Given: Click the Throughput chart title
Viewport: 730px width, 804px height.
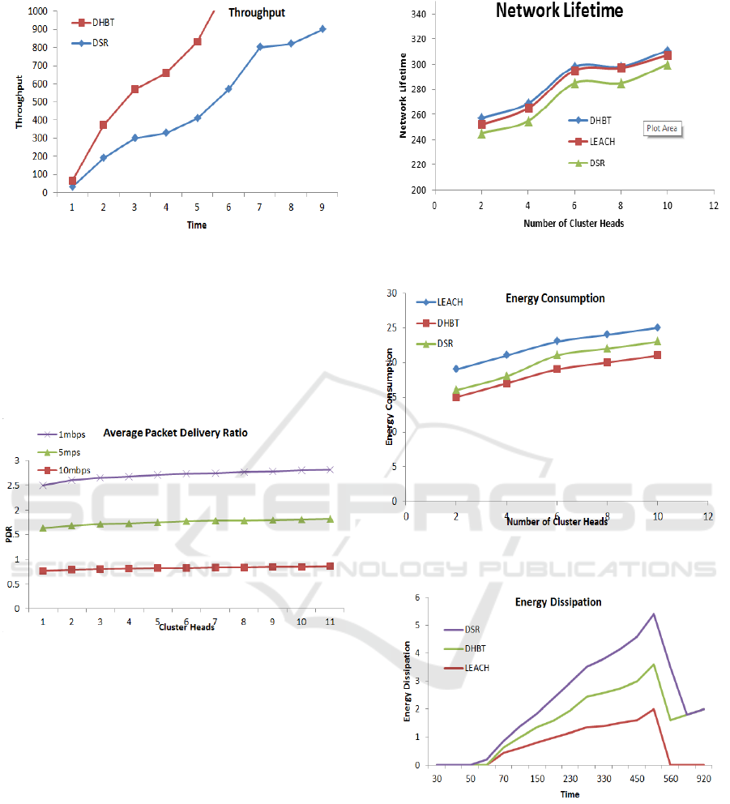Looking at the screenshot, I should point(257,13).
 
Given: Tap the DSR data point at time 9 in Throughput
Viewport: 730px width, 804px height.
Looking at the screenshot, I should point(322,28).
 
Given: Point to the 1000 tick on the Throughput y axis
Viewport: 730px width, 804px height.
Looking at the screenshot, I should point(35,11).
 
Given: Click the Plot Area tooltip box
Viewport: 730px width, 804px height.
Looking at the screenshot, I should point(662,128).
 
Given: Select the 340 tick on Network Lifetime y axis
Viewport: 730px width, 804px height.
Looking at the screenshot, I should point(419,14).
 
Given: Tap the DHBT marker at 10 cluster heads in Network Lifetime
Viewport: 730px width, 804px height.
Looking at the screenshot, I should point(667,51).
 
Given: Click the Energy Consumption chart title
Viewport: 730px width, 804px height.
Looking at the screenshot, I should point(555,298).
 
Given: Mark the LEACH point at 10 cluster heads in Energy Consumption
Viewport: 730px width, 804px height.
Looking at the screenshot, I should point(657,327).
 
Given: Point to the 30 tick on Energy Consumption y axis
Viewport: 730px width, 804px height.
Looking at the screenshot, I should point(391,293).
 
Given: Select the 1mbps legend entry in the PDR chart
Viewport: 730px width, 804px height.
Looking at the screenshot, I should point(72,434).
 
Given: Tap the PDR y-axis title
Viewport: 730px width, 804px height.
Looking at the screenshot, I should point(10,534).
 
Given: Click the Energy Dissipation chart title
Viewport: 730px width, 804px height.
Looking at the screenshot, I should point(558,602).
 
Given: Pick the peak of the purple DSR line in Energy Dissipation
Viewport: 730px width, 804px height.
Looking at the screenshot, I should point(653,614).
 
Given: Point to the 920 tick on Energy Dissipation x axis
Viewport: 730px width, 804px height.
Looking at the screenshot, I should point(702,778).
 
